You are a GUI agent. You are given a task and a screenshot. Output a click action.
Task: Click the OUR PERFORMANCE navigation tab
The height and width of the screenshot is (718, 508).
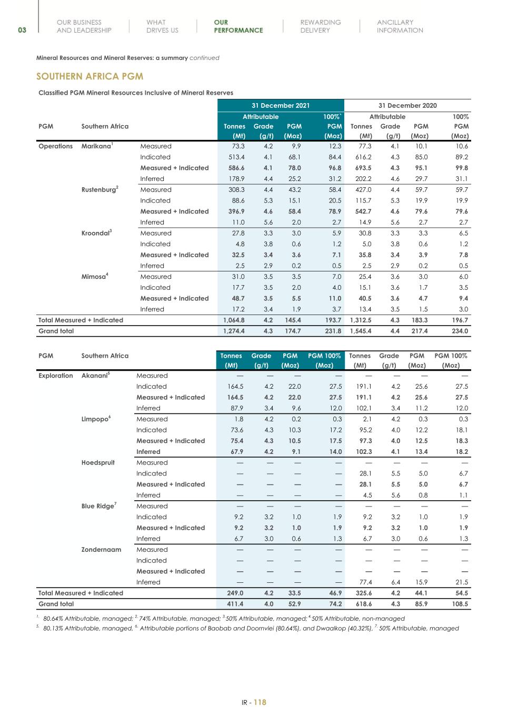238,26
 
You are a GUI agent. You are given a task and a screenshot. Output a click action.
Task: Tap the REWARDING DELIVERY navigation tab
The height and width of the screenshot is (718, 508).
320,26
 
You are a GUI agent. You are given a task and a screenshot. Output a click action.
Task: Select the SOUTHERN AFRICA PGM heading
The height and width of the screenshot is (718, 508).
89,76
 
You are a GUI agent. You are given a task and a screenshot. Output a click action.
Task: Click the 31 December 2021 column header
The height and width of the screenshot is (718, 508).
281,106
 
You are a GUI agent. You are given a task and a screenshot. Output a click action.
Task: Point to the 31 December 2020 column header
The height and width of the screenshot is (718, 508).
407,106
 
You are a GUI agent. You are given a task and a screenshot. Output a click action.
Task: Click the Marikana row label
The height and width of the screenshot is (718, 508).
97,146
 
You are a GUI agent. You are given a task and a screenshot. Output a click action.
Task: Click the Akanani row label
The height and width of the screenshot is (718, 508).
95,376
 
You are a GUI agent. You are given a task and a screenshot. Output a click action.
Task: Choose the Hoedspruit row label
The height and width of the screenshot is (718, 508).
98,463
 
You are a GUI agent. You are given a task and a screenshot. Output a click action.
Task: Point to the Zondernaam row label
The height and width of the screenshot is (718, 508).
101,550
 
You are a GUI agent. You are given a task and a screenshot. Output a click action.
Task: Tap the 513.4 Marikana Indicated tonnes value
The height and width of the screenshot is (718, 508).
234,157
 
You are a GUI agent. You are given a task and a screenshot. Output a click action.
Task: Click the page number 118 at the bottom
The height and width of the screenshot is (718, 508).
260,702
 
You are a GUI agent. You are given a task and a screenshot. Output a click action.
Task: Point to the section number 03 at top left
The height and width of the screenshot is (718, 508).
22,30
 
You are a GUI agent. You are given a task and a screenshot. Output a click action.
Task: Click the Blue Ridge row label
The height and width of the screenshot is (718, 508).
98,506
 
